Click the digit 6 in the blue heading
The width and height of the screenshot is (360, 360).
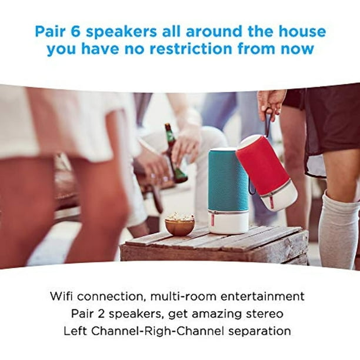75,31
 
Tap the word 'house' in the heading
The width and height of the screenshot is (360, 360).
302,31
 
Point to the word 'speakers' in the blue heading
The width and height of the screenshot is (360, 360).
121,32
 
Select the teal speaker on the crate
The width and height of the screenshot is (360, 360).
228,191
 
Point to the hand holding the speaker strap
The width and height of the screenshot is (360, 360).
272,104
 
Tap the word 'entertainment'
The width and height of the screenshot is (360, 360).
262,296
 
